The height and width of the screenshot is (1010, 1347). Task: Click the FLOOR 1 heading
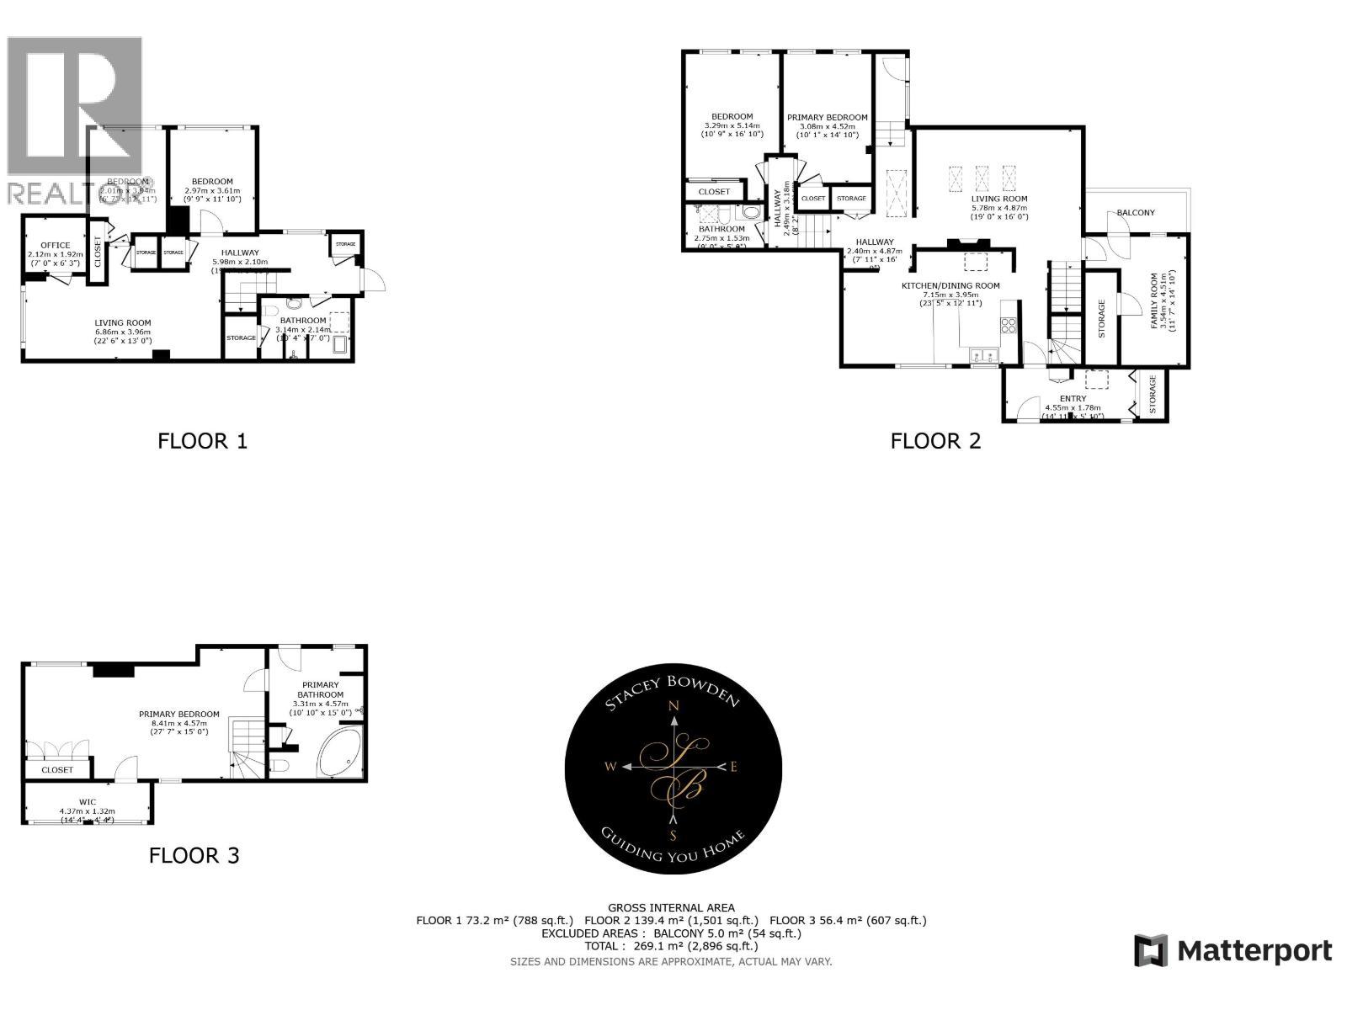[202, 441]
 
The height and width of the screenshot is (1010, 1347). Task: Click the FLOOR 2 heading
[935, 441]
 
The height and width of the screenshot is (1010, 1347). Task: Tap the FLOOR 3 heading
[194, 856]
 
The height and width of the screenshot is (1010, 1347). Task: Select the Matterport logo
[1233, 951]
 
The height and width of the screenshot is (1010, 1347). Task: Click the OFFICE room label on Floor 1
[56, 246]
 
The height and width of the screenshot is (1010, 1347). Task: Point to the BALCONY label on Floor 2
[1136, 213]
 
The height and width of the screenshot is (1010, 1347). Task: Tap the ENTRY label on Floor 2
[1073, 399]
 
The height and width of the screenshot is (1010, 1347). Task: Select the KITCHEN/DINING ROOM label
[950, 286]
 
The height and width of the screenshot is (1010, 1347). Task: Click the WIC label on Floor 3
[88, 801]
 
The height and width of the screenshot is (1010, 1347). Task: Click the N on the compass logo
[673, 707]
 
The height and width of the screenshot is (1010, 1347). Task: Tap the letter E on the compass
[733, 767]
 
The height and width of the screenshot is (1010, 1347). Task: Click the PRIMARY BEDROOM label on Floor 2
[827, 118]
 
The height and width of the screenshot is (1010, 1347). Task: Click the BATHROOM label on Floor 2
[721, 229]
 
